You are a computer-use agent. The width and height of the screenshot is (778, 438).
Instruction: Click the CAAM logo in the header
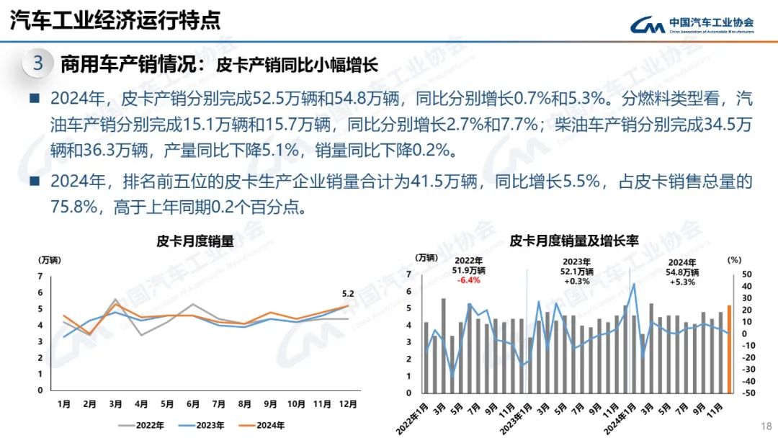[x=692, y=24]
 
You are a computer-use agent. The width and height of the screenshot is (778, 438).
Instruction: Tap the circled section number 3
[x=38, y=63]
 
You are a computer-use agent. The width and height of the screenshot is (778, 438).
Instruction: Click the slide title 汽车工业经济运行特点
[x=115, y=20]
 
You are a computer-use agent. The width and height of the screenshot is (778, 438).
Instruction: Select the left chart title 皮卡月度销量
[x=195, y=242]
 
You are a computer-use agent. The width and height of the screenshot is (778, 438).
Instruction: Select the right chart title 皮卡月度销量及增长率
[x=574, y=241]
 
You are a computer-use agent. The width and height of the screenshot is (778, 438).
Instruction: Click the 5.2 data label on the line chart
[x=349, y=293]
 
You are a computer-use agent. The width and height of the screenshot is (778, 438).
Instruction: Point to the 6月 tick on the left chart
[x=193, y=405]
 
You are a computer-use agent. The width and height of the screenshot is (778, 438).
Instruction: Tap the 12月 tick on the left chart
[x=348, y=405]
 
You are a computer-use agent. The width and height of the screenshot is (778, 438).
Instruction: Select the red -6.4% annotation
[x=468, y=282]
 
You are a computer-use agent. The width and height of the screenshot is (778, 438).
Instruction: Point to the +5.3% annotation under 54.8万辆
[x=681, y=282]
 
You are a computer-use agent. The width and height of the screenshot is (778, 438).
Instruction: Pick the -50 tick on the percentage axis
[x=748, y=393]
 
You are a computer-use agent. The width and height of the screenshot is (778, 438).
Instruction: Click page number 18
[x=766, y=426]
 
